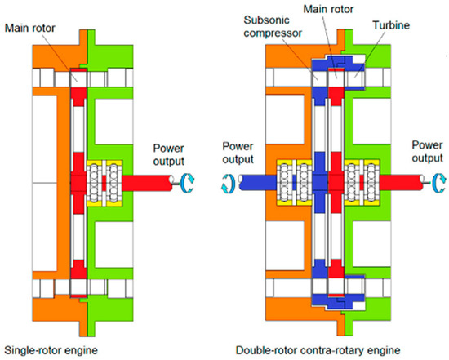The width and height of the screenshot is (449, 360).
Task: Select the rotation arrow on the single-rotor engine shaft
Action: tap(187, 184)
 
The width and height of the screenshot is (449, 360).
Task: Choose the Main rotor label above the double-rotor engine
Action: tap(344, 8)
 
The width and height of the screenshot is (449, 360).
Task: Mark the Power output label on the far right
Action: tap(422, 152)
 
